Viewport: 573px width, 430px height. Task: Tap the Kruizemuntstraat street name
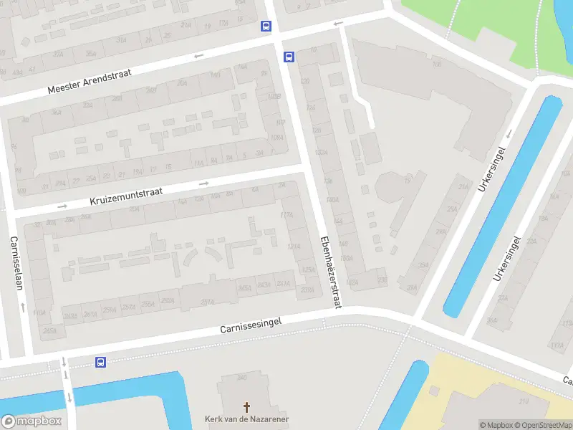127,196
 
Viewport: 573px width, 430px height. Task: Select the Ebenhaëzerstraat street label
330,272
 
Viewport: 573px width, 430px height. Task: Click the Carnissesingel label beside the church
250,327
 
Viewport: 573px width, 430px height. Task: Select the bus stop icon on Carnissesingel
101,363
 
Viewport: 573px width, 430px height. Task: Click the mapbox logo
32,421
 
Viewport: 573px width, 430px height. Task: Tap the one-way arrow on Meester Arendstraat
198,55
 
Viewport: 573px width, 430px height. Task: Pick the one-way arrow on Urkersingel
510,133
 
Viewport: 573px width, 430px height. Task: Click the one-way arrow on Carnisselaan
24,307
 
